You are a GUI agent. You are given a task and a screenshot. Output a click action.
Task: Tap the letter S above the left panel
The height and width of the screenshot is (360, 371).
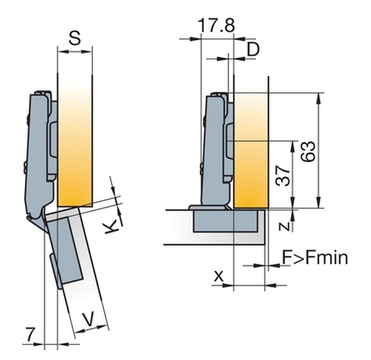coord(75,38)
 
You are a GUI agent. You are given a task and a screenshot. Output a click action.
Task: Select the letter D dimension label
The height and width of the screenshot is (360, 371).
coord(253,49)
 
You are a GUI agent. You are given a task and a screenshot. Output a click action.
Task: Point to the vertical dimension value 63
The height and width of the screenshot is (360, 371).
coord(308,151)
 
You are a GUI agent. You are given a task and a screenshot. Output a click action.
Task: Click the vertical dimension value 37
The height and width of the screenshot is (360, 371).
coord(283,176)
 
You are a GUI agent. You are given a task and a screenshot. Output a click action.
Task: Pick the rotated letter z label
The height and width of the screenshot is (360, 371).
coord(284,226)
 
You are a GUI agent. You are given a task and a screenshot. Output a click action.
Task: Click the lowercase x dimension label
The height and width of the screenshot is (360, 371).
coord(219,276)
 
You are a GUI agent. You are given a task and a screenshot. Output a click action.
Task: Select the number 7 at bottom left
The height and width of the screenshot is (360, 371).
coord(30,334)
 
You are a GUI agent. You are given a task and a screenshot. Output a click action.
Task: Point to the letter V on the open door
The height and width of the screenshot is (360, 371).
coord(89,319)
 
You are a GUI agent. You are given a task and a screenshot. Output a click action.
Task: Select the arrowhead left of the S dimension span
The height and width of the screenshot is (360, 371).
coord(63,52)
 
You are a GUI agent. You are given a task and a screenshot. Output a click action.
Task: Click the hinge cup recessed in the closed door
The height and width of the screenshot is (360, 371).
coord(226,220)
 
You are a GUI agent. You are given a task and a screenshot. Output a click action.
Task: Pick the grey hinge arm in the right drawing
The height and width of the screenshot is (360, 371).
coord(214,149)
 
